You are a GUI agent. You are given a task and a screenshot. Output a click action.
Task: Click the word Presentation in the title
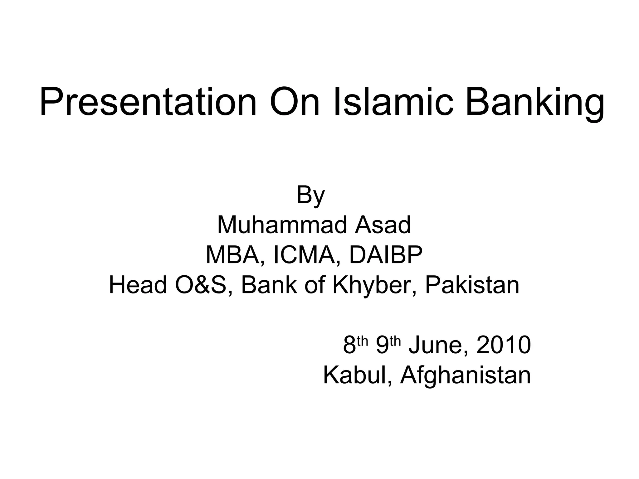[x=148, y=102]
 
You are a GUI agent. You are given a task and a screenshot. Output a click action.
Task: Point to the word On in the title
[x=295, y=102]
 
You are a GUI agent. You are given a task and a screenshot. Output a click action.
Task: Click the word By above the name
[x=310, y=196]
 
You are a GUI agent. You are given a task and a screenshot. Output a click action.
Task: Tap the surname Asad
[x=383, y=225]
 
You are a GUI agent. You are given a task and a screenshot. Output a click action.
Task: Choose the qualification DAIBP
[x=386, y=255]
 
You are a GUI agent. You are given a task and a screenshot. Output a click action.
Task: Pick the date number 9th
[x=388, y=345]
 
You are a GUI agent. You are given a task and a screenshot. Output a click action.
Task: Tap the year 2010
[x=504, y=345]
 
